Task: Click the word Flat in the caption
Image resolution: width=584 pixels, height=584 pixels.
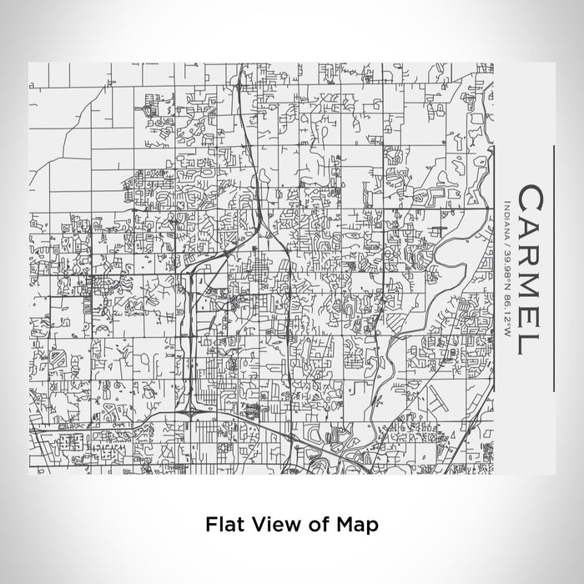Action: click(223, 525)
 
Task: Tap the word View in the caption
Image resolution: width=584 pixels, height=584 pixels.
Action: click(264, 525)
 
